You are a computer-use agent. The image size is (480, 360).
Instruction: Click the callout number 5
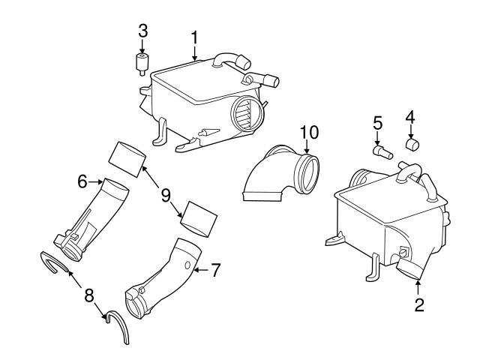pos(378,122)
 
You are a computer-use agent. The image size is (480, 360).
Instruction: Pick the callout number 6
pos(82,181)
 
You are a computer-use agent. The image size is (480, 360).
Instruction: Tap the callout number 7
pos(215,269)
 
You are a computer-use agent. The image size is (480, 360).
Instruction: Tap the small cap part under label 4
pos(411,143)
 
